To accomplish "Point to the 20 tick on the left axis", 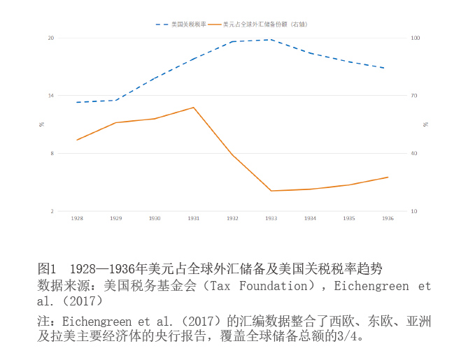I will (50, 38).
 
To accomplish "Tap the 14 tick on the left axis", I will (50, 96).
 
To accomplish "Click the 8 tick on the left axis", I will (52, 154).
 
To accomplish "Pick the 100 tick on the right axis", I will (416, 38).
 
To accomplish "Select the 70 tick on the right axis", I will (414, 96).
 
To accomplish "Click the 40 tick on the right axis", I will (414, 154).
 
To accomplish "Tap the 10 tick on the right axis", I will (414, 211).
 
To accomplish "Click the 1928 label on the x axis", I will (77, 218).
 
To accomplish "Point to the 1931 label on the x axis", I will (194, 218).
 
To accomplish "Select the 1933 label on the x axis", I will (271, 218).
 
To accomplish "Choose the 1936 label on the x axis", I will (388, 218).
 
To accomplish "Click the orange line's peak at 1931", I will (193, 108).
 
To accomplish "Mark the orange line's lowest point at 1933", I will (271, 191).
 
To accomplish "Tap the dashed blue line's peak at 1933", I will (271, 40).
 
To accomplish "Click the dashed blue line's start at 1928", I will (77, 102).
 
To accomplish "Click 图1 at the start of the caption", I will (46, 268).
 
